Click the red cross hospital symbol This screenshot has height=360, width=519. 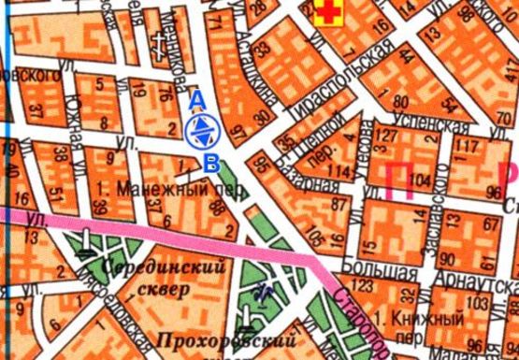click(329, 12)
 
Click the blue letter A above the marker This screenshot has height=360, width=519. click(196, 98)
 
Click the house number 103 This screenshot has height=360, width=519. click(480, 303)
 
